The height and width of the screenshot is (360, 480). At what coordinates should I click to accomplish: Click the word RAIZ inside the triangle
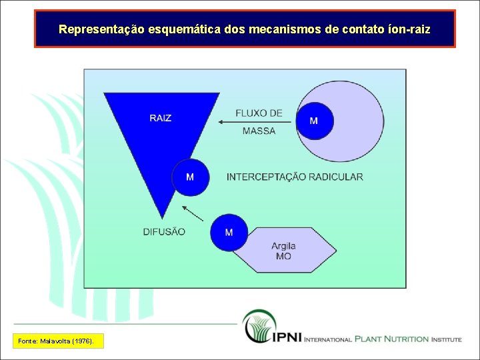tap(160, 118)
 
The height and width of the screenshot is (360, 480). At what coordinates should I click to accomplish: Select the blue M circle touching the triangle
tap(190, 177)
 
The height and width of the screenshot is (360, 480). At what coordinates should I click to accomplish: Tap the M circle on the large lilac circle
tap(314, 121)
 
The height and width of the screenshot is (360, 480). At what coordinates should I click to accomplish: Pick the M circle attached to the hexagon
tap(229, 233)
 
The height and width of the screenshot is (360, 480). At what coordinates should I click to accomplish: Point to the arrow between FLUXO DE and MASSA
tap(256, 122)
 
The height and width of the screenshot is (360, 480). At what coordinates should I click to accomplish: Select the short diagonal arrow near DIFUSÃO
tap(193, 213)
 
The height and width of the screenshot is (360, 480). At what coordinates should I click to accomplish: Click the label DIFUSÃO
tap(164, 232)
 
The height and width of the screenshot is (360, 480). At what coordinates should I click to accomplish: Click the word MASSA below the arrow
tap(259, 131)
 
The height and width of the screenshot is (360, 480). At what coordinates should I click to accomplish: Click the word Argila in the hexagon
tap(283, 246)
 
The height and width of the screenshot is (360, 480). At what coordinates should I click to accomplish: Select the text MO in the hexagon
tap(283, 256)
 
